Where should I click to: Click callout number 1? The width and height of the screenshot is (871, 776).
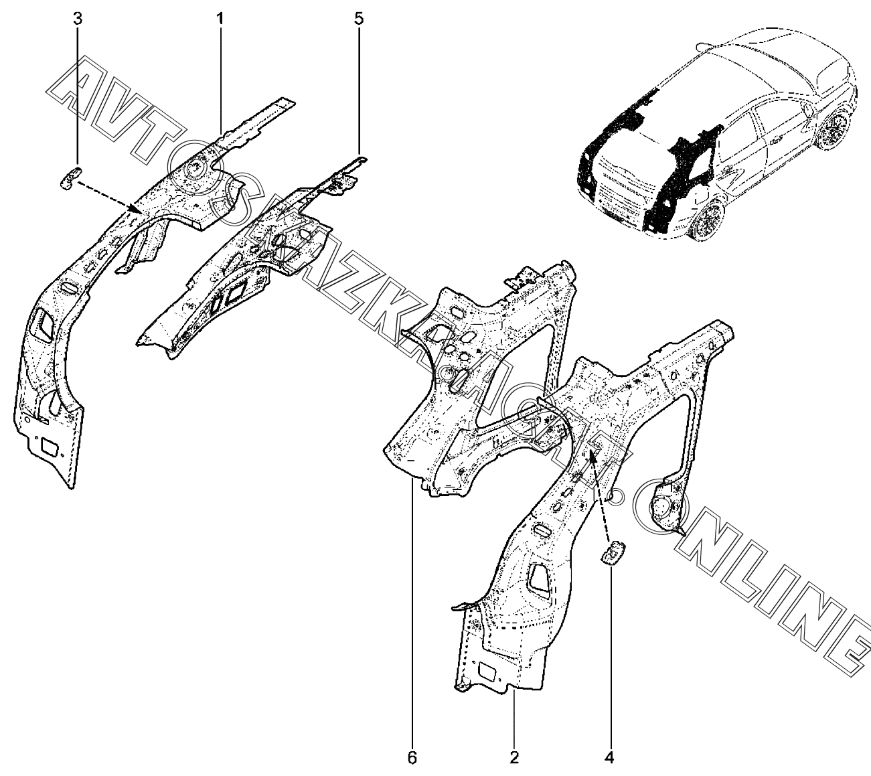220,18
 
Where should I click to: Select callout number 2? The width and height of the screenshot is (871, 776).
514,758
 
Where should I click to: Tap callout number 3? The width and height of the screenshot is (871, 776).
78,18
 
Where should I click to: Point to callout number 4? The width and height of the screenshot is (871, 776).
609,758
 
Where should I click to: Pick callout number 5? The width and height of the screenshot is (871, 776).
359,18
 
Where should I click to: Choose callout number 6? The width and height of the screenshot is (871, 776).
412,758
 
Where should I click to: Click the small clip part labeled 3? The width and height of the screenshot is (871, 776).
70,177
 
